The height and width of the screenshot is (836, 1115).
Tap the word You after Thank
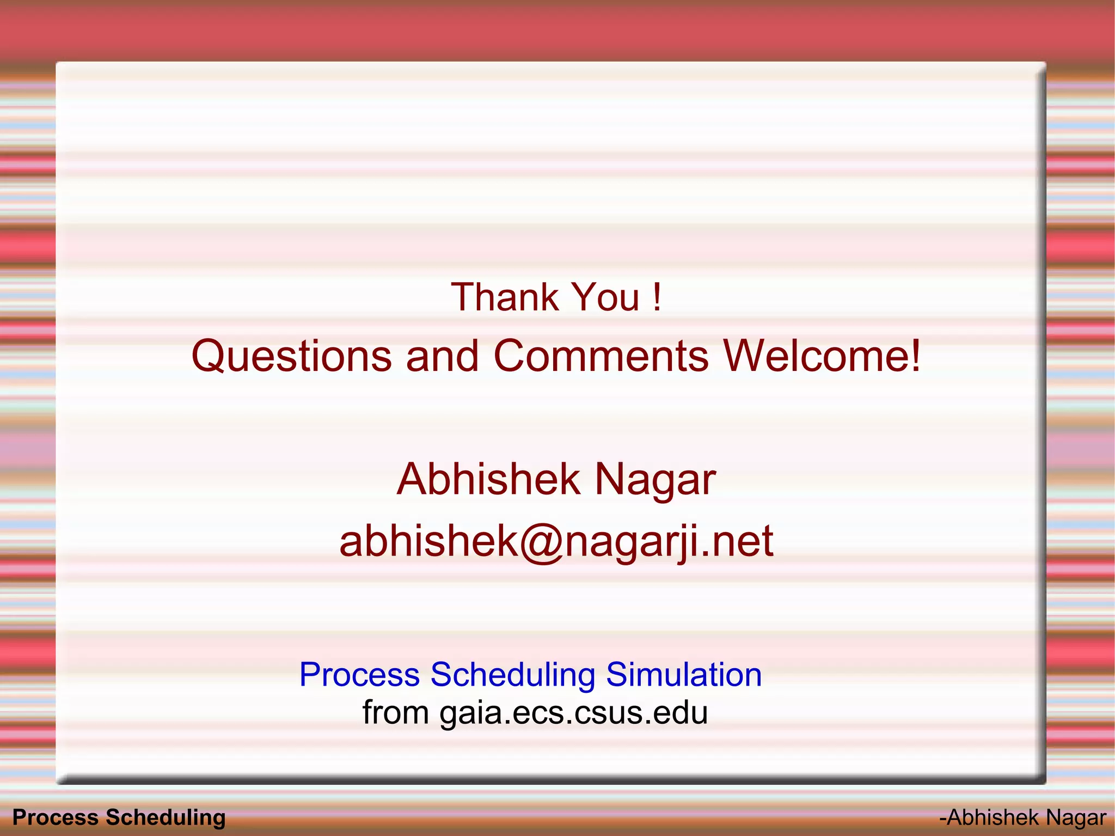[606, 297]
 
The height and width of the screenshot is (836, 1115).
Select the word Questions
[291, 356]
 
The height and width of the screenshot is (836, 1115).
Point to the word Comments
[601, 356]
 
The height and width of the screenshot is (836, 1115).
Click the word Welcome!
[822, 356]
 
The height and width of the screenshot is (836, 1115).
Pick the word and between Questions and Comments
[442, 356]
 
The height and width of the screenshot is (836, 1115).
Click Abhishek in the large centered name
[488, 479]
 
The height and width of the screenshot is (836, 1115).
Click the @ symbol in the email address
[541, 542]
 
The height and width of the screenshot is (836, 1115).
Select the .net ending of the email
[737, 541]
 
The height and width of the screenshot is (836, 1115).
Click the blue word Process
[359, 675]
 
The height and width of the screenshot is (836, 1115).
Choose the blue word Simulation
[683, 675]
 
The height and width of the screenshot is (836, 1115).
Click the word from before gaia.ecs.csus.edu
[396, 712]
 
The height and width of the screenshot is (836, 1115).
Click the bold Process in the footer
[55, 817]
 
